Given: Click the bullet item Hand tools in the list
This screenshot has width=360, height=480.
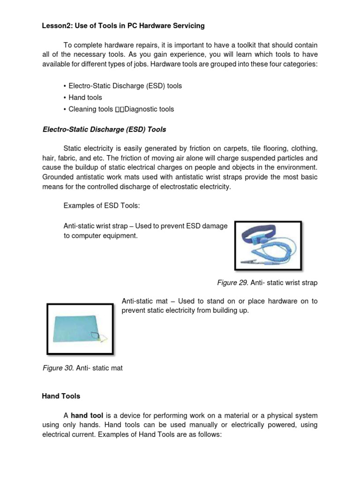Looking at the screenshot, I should (x=85, y=97).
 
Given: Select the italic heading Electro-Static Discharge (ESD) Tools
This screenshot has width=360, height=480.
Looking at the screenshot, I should (x=104, y=129).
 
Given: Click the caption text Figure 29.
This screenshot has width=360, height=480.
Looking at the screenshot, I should (x=232, y=283).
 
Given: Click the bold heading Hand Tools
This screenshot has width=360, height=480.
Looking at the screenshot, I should (x=61, y=396).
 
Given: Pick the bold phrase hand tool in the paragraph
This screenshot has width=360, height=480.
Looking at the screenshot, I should (x=87, y=416).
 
